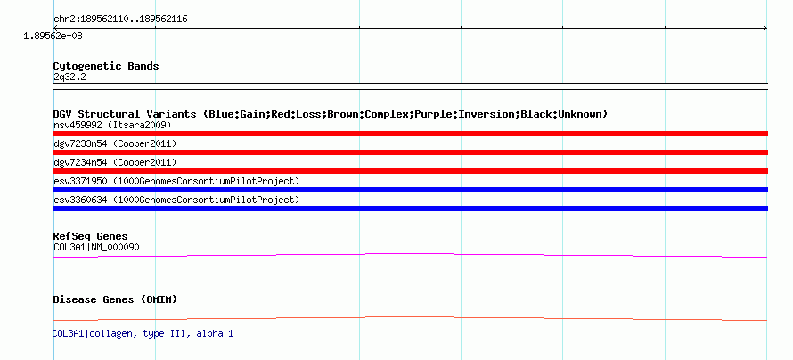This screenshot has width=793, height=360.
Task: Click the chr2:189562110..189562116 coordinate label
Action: point(120,20)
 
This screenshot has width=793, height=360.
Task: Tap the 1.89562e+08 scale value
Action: point(53,36)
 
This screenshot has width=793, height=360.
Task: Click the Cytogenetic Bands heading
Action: point(106,66)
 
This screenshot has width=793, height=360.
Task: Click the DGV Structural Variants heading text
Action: point(331,114)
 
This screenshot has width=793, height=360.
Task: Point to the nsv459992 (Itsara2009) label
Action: point(112,125)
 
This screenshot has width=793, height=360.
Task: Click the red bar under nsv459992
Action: point(410,134)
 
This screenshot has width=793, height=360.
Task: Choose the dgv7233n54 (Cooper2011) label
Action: point(115,143)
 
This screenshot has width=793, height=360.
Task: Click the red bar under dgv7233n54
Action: point(410,152)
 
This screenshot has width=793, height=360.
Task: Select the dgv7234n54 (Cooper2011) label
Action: point(115,162)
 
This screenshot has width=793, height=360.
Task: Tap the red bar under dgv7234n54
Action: point(410,171)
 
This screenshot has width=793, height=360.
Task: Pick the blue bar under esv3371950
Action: point(410,190)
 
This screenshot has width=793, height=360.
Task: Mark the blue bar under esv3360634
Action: point(410,209)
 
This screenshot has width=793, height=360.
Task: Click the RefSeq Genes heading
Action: point(91,236)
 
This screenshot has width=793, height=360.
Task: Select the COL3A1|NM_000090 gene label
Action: point(96,247)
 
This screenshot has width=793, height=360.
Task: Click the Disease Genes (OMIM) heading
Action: point(115,299)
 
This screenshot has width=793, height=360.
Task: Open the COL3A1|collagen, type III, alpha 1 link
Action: point(143,333)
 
